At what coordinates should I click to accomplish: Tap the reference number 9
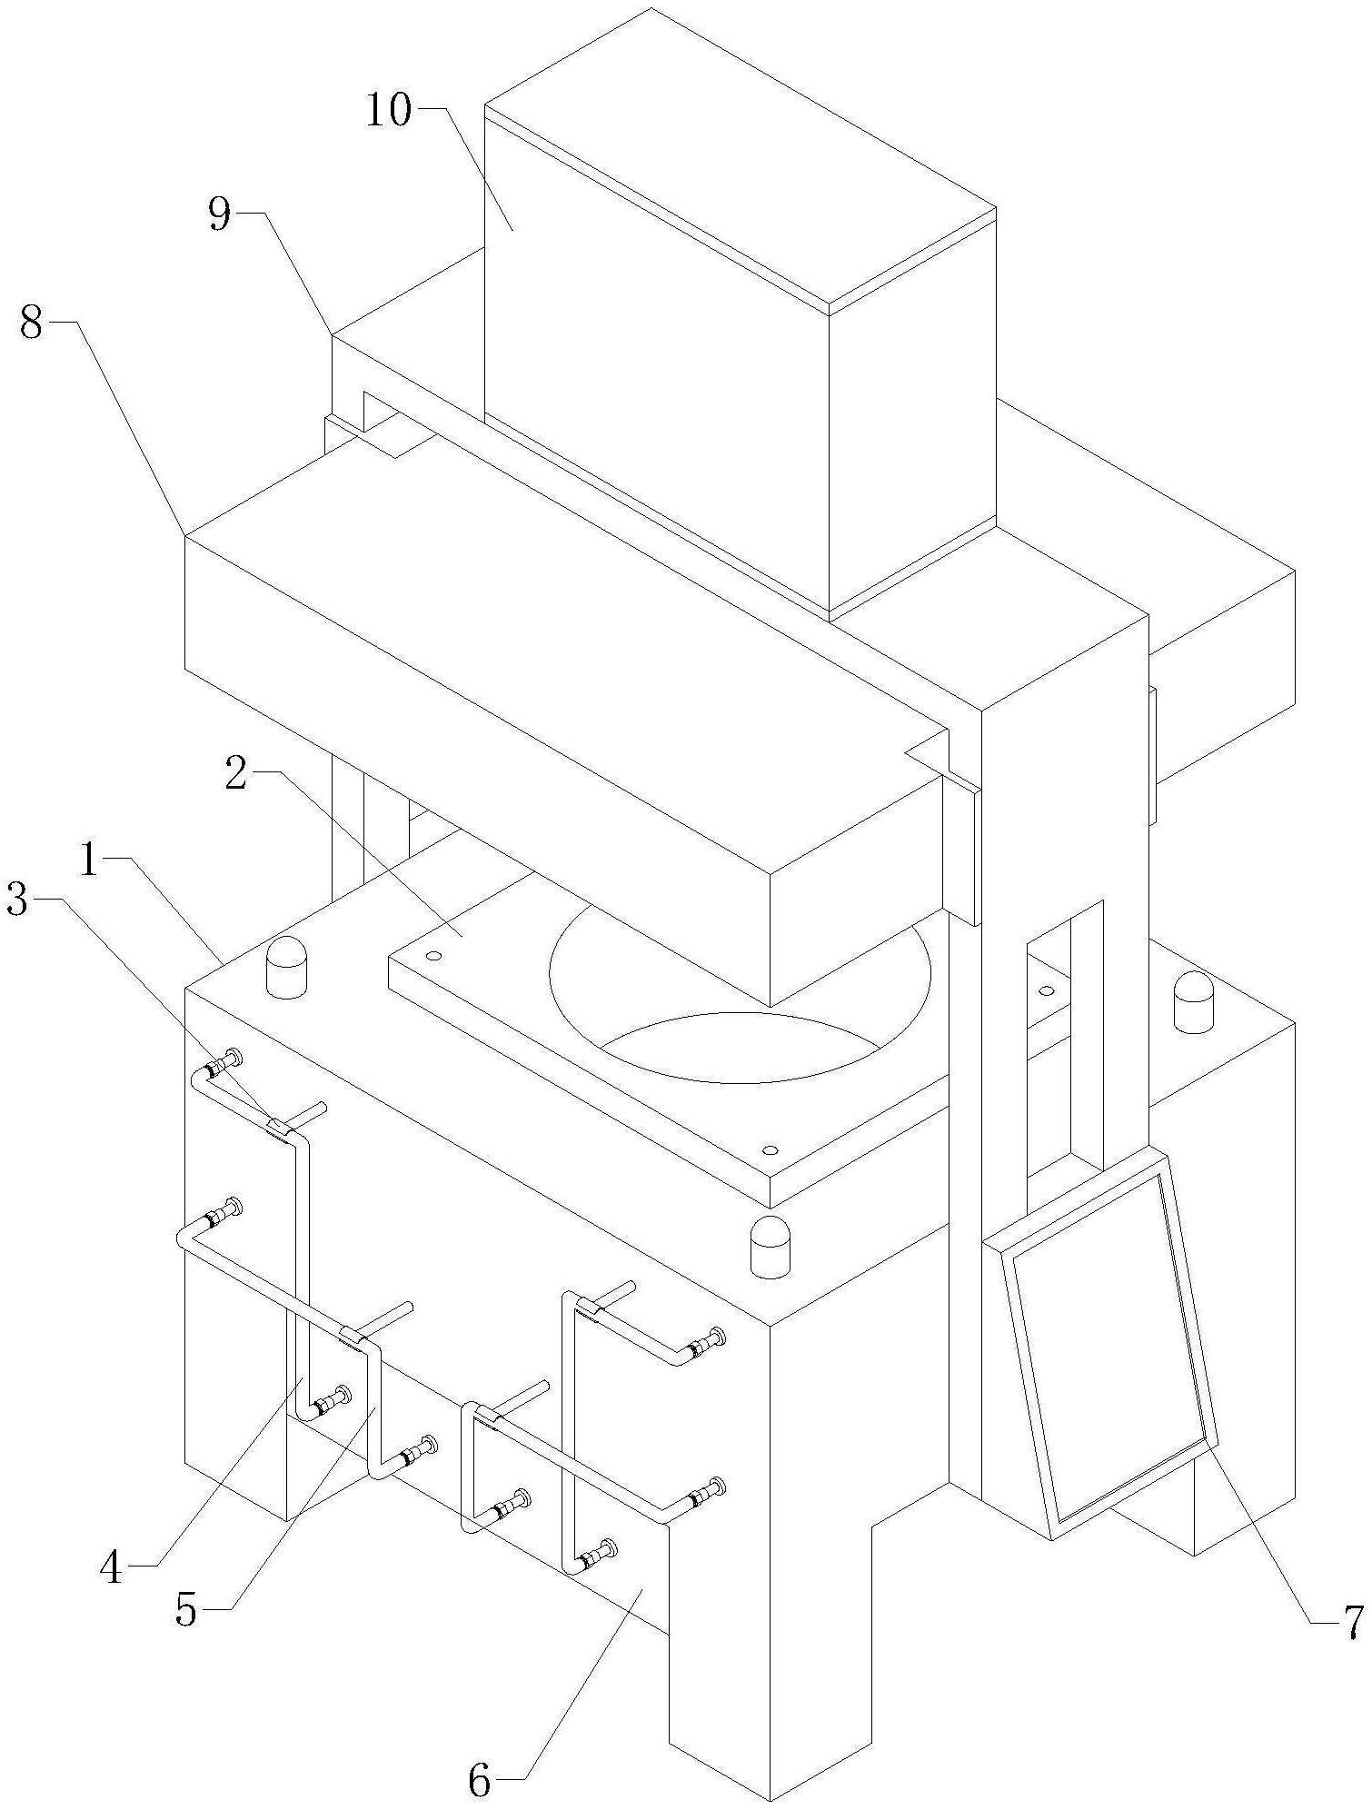221,216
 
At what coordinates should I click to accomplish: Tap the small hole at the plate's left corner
433,956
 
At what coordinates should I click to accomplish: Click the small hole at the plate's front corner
770,1150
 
